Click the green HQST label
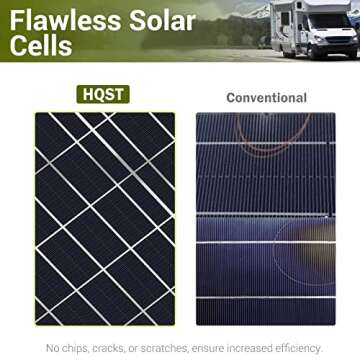tap(105, 95)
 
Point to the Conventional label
tap(266, 97)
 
